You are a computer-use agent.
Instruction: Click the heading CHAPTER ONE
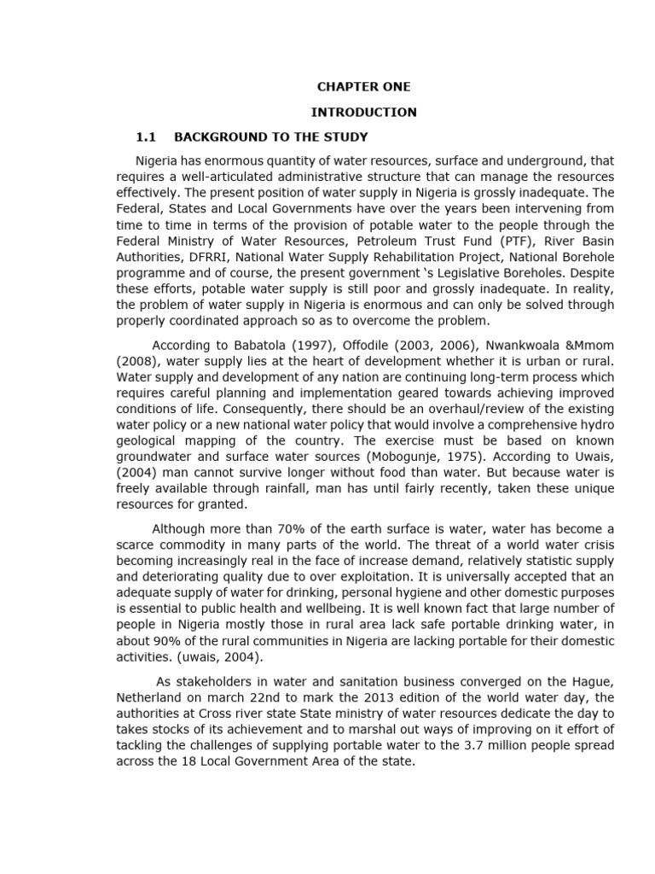363,87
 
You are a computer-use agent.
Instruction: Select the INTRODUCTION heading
363,112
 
